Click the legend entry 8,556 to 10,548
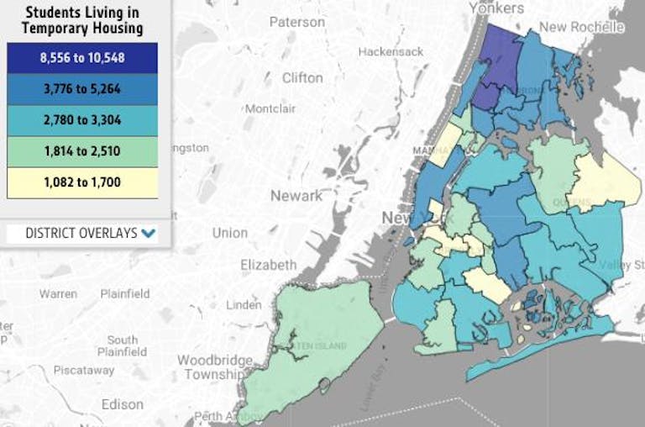[82, 57]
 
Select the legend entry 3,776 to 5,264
[82, 88]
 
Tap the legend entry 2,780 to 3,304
[82, 119]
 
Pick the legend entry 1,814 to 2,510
[82, 150]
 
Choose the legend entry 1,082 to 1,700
[82, 182]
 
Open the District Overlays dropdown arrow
[149, 233]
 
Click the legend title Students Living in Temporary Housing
[82, 20]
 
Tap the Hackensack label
[388, 51]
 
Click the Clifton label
[302, 77]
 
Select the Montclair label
[270, 108]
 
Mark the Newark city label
[296, 195]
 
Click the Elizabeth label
[268, 264]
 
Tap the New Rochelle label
[581, 27]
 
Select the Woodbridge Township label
[214, 366]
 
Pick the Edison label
[123, 404]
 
